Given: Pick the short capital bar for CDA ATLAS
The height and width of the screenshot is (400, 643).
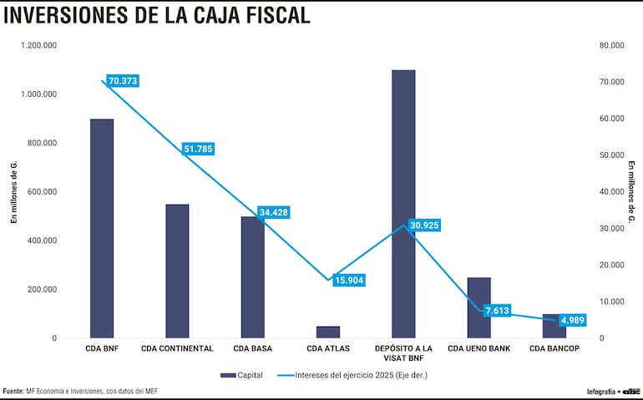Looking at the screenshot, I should point(328,332).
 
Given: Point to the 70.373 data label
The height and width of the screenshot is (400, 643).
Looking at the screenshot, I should point(123,81).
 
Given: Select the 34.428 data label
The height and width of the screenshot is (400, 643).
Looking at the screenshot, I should point(273,212).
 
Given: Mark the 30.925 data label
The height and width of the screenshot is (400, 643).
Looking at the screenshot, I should point(424,225).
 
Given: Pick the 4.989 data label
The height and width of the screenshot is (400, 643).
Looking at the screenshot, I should point(573,320).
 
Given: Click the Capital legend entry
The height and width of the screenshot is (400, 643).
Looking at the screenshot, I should point(241,375).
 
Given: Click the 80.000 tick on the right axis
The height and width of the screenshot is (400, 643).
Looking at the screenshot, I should point(613,45).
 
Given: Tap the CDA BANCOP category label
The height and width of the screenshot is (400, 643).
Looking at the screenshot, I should point(554,348).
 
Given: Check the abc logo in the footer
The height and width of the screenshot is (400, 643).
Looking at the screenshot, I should point(630,391).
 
